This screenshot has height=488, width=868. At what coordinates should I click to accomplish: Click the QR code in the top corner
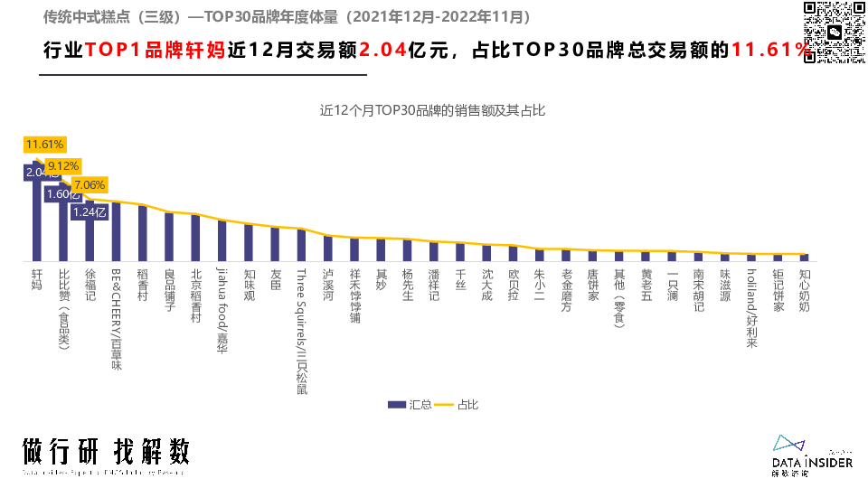click(832, 33)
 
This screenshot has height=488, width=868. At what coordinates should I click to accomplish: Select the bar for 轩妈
click(37, 217)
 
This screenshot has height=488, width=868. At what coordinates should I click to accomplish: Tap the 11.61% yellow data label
click(44, 145)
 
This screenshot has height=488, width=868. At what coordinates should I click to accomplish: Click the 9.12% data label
click(63, 166)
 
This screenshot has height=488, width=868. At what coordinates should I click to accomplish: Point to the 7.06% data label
click(89, 185)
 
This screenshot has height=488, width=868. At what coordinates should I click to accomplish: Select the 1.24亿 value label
click(90, 212)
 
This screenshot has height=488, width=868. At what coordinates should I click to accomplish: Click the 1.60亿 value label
click(63, 193)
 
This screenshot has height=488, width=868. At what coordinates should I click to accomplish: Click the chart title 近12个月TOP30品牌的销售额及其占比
click(433, 111)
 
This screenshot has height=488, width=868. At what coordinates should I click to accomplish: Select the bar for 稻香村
click(142, 233)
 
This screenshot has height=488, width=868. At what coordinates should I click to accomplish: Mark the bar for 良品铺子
click(169, 237)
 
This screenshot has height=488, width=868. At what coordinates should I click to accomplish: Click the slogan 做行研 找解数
click(107, 453)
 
